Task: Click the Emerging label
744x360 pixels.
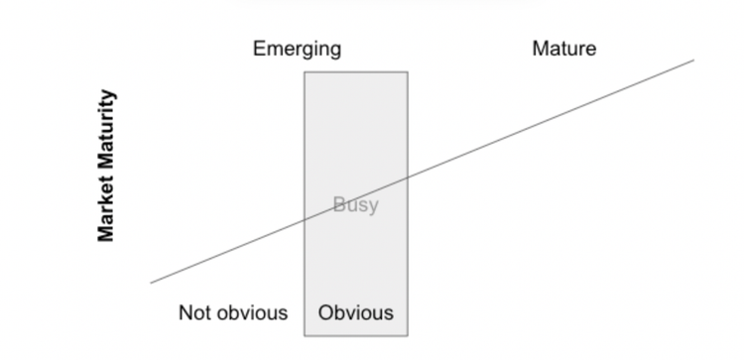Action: click(x=297, y=49)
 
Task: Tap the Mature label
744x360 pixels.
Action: click(x=563, y=49)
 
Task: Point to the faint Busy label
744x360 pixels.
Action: click(x=355, y=206)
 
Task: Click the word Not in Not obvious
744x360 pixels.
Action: click(x=196, y=313)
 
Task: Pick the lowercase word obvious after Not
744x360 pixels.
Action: click(x=252, y=313)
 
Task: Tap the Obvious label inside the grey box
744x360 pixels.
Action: click(x=355, y=313)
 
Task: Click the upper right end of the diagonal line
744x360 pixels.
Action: click(x=693, y=60)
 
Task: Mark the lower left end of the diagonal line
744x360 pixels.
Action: click(x=151, y=284)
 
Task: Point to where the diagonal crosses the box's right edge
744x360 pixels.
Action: click(x=407, y=178)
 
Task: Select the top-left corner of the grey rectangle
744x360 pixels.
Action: click(x=305, y=71)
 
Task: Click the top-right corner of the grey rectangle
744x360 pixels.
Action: click(x=407, y=71)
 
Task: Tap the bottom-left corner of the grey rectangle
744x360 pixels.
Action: click(x=305, y=336)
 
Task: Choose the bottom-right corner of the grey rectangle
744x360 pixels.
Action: click(x=407, y=336)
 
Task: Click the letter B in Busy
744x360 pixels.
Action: click(x=338, y=206)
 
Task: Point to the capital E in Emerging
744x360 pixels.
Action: click(x=259, y=49)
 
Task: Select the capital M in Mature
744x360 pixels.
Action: click(x=540, y=49)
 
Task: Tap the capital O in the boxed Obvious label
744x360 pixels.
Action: click(x=325, y=313)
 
